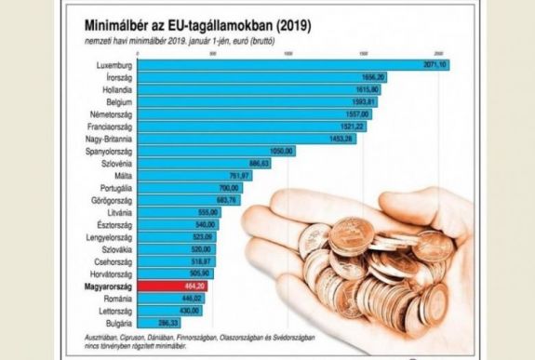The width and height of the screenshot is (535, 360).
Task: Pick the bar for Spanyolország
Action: coord(214,149)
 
